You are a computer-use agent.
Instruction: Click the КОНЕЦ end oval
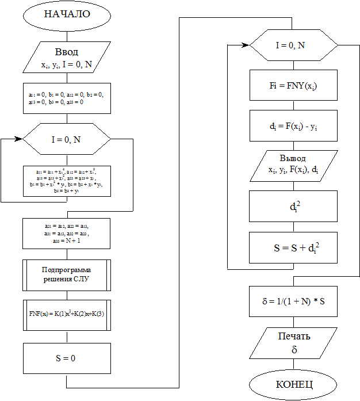click(x=293, y=383)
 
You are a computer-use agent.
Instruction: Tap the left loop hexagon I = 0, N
click(x=67, y=139)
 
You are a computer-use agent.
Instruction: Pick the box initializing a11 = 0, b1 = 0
click(x=67, y=98)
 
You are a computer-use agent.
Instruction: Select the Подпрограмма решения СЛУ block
click(x=67, y=274)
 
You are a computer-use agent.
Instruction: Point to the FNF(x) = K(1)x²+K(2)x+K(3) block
click(x=67, y=314)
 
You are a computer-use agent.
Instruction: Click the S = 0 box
click(x=67, y=358)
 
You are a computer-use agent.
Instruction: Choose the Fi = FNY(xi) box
click(x=293, y=85)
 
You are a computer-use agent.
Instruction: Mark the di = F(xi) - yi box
click(x=293, y=125)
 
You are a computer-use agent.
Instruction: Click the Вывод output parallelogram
click(x=293, y=165)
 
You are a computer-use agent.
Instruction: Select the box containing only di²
click(x=293, y=206)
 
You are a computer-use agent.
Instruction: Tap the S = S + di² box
click(x=293, y=248)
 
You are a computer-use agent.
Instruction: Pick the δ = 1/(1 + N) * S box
click(x=293, y=301)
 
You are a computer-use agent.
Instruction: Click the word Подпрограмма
click(x=67, y=269)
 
